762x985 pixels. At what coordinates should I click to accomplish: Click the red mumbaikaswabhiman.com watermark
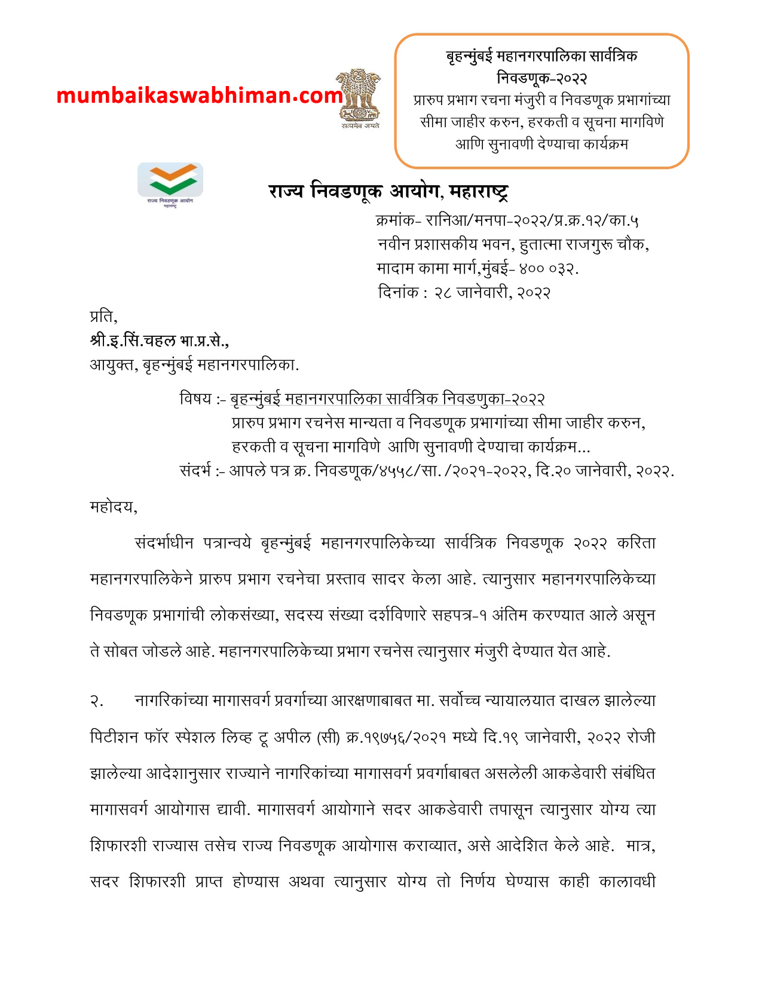(200, 96)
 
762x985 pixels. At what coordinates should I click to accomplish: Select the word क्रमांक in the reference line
(395, 221)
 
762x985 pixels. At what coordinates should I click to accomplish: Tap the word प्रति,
(103, 316)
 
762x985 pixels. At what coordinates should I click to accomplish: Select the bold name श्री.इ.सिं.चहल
(133, 340)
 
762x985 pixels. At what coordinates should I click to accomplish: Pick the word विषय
(195, 398)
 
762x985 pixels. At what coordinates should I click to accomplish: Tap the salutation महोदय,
(114, 507)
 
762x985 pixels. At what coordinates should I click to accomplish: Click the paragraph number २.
(97, 701)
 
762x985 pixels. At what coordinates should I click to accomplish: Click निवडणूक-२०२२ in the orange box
(541, 78)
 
